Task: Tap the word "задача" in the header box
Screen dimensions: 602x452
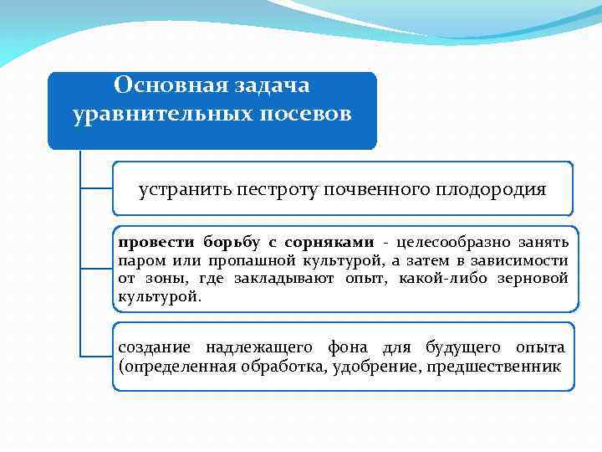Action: [270, 85]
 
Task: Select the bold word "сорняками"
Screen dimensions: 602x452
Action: [328, 243]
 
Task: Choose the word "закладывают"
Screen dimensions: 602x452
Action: [289, 279]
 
